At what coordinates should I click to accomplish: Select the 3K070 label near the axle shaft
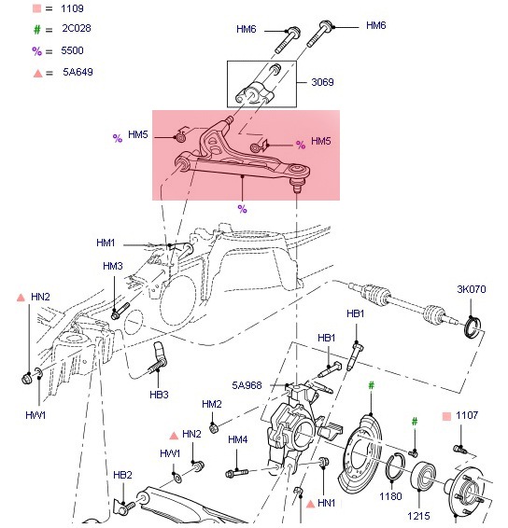click(x=473, y=289)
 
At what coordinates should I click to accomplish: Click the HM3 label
click(x=113, y=267)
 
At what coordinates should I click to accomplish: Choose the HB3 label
click(x=160, y=395)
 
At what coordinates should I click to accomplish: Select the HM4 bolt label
click(x=238, y=439)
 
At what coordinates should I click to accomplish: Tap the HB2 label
click(x=123, y=475)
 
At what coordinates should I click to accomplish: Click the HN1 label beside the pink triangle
click(x=326, y=504)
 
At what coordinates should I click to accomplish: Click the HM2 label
click(x=212, y=404)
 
